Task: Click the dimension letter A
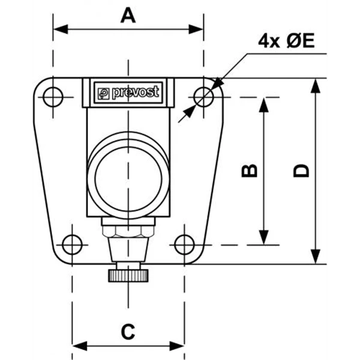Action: point(128,16)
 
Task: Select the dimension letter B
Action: point(250,170)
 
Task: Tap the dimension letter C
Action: point(128,332)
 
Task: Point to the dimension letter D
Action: point(301,170)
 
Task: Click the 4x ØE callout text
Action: point(286,41)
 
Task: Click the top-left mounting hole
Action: point(53,97)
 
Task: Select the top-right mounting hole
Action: point(203,97)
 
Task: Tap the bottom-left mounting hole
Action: point(72,245)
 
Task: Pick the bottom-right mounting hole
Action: point(184,245)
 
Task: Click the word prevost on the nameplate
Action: point(136,92)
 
